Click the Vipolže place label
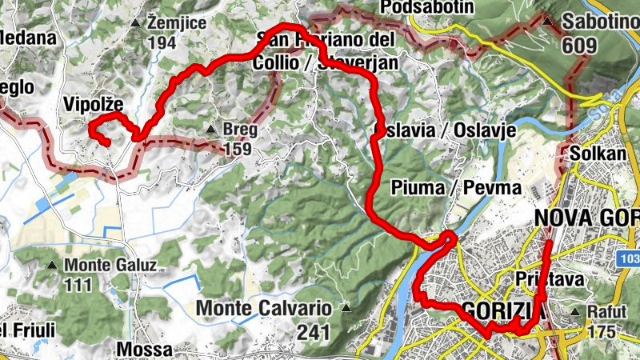93,103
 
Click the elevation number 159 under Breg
238,149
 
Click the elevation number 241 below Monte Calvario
314,331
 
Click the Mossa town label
144,350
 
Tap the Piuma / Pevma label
457,187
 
